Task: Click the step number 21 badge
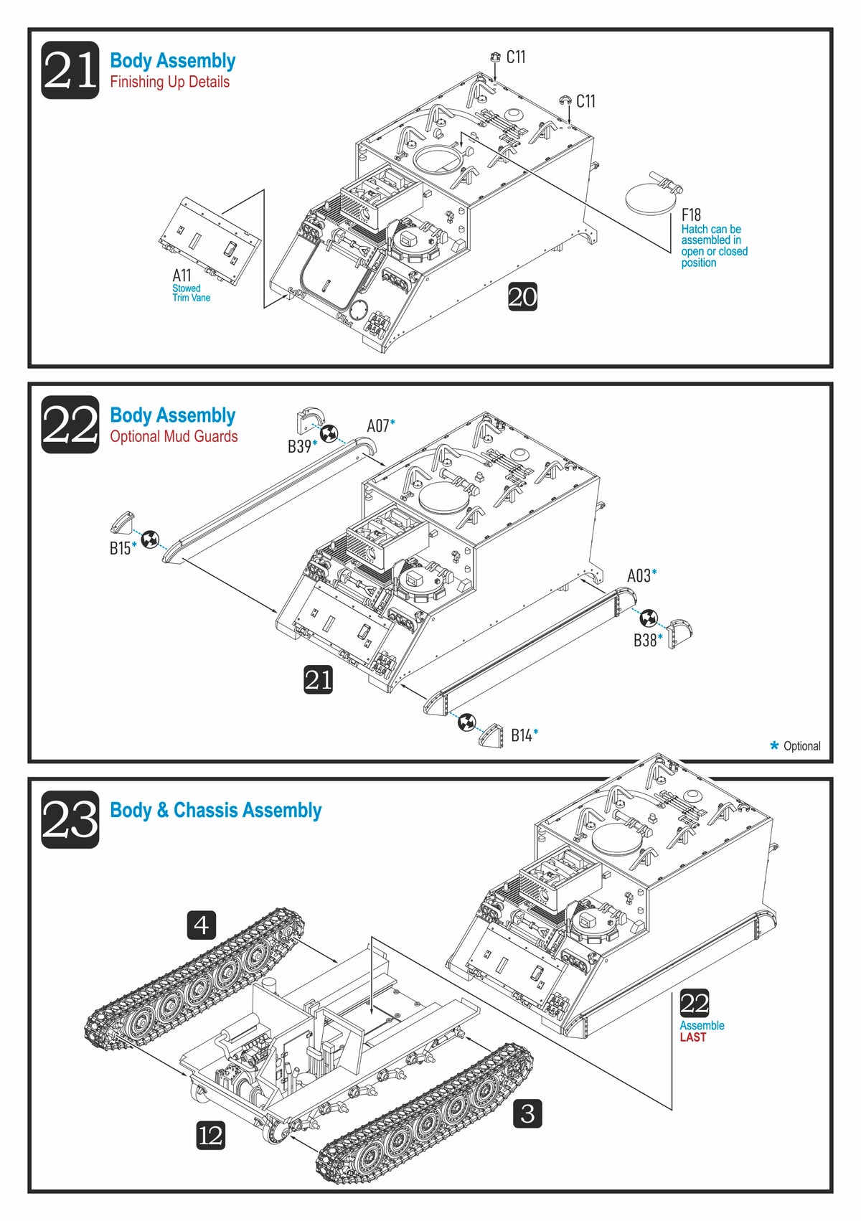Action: pos(70,70)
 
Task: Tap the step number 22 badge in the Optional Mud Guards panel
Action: pos(70,425)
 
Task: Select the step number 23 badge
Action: pos(70,819)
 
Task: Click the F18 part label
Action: pos(691,214)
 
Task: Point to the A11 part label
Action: pos(182,275)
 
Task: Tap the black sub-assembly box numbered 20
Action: pos(522,296)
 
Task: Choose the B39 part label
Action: pos(299,446)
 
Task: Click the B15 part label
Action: pos(120,548)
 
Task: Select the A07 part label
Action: pos(378,426)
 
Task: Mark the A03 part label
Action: pos(639,575)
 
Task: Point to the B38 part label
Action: pos(645,640)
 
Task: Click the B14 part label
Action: pos(522,735)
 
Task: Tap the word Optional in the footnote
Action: pos(801,746)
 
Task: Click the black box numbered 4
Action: pos(202,925)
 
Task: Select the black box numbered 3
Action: pos(527,1113)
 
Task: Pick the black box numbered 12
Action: pos(210,1136)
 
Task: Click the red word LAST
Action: pos(692,1037)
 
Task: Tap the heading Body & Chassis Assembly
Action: pos(215,811)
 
